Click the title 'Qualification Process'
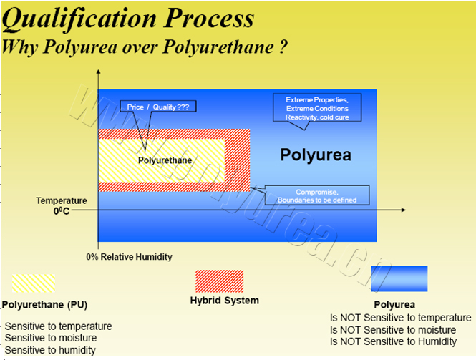pyautogui.click(x=128, y=19)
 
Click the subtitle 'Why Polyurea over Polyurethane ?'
pyautogui.click(x=144, y=47)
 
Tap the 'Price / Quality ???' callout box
pyautogui.click(x=158, y=107)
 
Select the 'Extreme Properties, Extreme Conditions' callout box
pyautogui.click(x=317, y=108)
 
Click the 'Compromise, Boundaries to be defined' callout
pyautogui.click(x=317, y=195)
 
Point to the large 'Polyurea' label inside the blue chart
pyautogui.click(x=316, y=155)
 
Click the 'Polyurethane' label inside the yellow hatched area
pyautogui.click(x=165, y=160)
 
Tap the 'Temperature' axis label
pyautogui.click(x=62, y=200)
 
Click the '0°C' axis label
pyautogui.click(x=62, y=210)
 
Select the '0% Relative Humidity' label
pyautogui.click(x=129, y=257)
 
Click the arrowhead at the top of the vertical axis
pyautogui.click(x=98, y=72)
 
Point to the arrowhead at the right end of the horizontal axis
pyautogui.click(x=403, y=210)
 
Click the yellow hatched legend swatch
pyautogui.click(x=34, y=283)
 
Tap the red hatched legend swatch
pyautogui.click(x=220, y=281)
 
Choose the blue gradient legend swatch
pyautogui.click(x=399, y=278)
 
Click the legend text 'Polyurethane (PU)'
pyautogui.click(x=44, y=305)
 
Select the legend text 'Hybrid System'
pyautogui.click(x=225, y=301)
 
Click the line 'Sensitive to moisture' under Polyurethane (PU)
pyautogui.click(x=51, y=338)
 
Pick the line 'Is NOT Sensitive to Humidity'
pyautogui.click(x=393, y=341)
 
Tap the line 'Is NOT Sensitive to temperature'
pyautogui.click(x=400, y=318)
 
